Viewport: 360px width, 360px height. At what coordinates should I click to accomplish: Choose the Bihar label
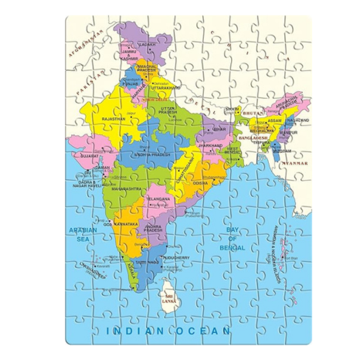click(221, 129)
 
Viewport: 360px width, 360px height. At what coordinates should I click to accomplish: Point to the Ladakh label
click(147, 43)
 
